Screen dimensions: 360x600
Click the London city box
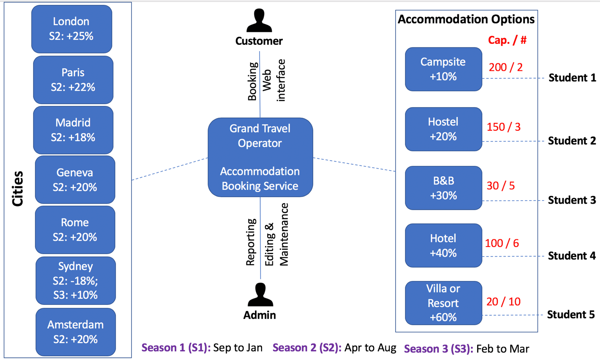72,29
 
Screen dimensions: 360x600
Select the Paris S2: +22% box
73,80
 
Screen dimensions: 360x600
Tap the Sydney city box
76,281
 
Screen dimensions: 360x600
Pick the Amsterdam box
76,332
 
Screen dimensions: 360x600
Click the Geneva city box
75,180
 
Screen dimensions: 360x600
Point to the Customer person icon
259,21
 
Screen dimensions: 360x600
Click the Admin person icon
260,295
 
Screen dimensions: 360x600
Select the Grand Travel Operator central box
260,157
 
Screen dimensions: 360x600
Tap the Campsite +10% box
443,69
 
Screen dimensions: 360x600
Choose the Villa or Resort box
443,303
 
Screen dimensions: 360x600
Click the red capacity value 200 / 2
506,67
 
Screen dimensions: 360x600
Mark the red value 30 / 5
501,186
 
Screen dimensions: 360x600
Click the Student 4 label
571,256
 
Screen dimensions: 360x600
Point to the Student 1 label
572,78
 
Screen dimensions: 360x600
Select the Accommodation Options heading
466,20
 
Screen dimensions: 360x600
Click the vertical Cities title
17,189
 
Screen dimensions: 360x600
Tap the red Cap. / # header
507,40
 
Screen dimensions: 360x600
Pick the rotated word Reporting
251,242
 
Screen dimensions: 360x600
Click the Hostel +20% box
443,129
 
